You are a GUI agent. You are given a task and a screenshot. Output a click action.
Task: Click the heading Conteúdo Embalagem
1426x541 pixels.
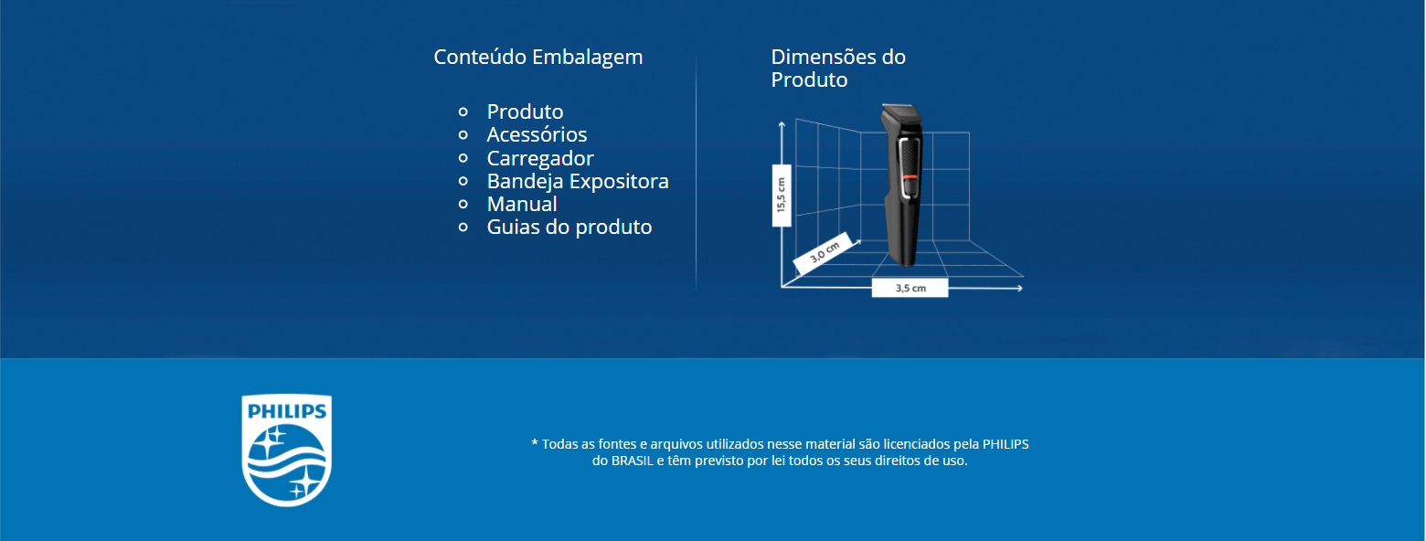point(537,58)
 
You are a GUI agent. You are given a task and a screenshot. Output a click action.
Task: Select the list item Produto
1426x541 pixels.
point(526,111)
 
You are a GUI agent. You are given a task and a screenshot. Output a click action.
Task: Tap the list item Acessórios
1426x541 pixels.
point(537,134)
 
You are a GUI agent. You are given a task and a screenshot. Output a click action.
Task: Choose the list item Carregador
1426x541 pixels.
point(540,158)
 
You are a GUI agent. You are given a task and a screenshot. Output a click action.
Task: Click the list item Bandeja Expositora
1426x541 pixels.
point(578,181)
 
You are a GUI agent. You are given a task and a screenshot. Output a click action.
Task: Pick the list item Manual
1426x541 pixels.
point(521,204)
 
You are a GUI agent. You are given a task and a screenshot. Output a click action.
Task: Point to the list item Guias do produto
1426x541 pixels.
point(569,228)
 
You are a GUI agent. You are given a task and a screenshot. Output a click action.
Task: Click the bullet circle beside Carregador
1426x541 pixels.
point(463,158)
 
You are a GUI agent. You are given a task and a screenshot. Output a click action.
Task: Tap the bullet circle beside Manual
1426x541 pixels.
point(463,205)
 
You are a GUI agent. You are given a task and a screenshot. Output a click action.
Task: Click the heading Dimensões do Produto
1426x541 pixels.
point(837,69)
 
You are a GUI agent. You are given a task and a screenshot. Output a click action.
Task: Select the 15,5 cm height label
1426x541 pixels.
point(782,196)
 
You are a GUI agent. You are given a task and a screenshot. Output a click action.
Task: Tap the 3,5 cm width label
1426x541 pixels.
point(910,288)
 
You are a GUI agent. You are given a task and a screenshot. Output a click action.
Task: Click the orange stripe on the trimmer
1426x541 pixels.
point(910,177)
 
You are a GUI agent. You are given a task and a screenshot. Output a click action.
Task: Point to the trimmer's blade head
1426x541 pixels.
point(901,114)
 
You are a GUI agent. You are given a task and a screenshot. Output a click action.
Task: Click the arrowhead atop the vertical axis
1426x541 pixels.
point(782,125)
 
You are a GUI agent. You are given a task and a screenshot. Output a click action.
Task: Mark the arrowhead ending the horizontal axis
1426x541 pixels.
point(1019,289)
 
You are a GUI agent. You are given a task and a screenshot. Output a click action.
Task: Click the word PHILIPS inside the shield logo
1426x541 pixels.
point(286,411)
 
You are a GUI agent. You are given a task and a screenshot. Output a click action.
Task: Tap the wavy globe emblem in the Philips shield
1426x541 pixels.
point(286,463)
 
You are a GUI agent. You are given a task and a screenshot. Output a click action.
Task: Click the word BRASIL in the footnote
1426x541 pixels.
point(633,461)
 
